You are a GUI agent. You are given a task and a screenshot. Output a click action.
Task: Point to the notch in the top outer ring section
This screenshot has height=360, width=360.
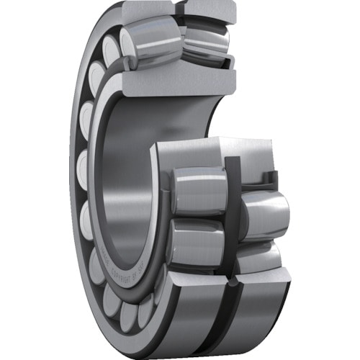[x=178, y=9]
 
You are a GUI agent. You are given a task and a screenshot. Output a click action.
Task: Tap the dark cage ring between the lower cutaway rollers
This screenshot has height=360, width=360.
[x=235, y=216]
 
